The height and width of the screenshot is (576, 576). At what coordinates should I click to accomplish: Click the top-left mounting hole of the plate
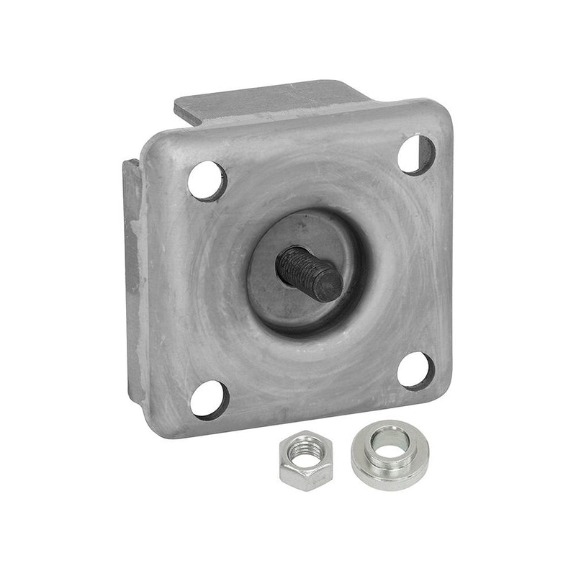tap(207, 180)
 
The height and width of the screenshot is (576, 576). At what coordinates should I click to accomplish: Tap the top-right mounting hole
tap(416, 155)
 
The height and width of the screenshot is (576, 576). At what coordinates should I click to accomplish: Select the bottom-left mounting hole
tap(210, 397)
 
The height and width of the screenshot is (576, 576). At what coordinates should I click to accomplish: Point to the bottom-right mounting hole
tap(415, 370)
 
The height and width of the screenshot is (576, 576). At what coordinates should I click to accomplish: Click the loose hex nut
tap(305, 460)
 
